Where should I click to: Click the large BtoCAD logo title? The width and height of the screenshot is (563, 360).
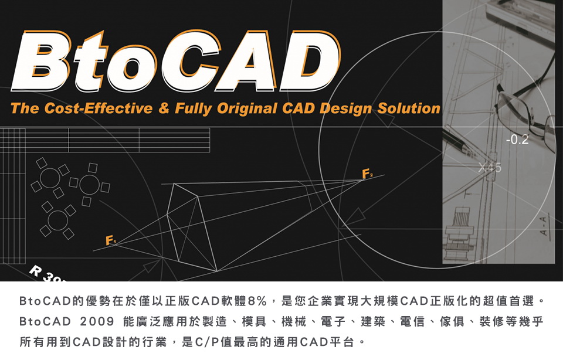176,61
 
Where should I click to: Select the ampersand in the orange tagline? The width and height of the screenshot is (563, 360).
164,108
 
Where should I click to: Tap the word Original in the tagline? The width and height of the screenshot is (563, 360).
247,108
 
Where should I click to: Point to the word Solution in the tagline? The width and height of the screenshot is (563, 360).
409,108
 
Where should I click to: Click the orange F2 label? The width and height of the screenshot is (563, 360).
367,174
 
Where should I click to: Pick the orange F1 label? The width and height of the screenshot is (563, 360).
110,240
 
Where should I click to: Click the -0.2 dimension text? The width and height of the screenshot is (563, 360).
517,140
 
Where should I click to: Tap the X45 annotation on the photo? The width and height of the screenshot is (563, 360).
490,167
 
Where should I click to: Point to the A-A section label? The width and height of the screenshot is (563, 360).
544,226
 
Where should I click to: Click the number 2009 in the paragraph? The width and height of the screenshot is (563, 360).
97,321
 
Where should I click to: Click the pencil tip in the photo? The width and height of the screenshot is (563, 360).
467,147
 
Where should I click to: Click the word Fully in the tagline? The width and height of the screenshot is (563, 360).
193,108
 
